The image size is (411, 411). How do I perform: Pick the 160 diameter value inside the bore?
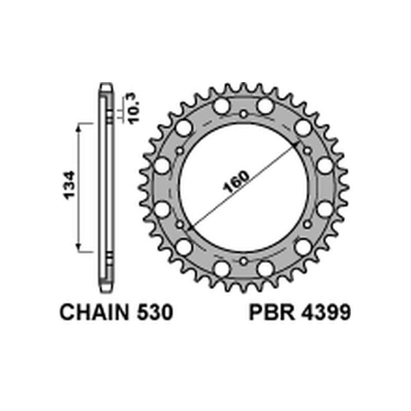click(237, 181)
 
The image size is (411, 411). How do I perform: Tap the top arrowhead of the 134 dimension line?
click(79, 126)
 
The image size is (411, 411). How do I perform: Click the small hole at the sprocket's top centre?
click(244, 114)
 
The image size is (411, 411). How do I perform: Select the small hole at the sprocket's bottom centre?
click(244, 261)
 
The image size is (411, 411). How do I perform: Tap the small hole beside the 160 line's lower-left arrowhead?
click(180, 225)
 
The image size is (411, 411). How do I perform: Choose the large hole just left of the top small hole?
click(221, 107)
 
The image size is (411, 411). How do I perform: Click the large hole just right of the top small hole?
click(265, 107)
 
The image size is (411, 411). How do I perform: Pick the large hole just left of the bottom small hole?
click(221, 268)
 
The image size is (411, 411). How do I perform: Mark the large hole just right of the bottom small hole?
click(265, 268)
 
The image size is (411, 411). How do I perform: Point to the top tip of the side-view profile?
click(105, 85)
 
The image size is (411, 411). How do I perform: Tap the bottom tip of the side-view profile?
click(105, 291)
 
